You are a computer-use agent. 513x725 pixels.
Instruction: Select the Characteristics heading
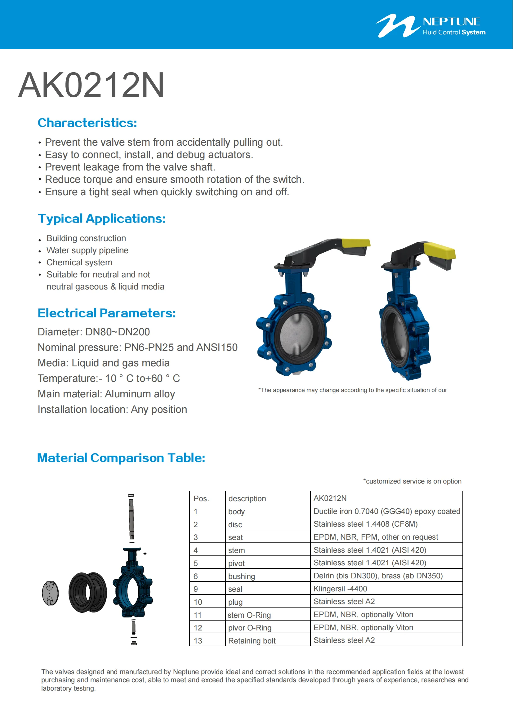coord(87,123)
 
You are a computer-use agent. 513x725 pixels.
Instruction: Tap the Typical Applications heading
coord(101,219)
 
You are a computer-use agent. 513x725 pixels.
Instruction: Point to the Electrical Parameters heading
coord(106,313)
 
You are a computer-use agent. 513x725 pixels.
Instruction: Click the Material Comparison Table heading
coord(121,458)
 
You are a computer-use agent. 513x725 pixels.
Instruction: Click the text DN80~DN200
coord(118,332)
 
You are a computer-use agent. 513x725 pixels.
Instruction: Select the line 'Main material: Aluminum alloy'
coord(106,394)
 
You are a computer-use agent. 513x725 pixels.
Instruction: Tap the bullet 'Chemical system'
coord(79,263)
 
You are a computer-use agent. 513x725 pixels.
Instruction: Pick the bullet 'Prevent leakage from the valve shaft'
coord(130,167)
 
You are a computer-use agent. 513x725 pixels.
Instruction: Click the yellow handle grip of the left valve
coord(356,243)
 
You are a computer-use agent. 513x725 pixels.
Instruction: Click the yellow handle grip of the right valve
coord(440,251)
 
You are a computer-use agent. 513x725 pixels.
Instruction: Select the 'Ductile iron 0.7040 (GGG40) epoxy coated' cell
coord(387,511)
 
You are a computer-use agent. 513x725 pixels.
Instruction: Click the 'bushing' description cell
coord(241,576)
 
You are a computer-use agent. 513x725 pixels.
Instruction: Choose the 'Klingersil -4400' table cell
coord(340,589)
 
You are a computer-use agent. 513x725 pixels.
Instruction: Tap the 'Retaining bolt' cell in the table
coord(252,641)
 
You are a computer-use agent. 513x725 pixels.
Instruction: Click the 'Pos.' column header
coord(201,498)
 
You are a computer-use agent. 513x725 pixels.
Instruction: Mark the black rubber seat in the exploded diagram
coord(87,593)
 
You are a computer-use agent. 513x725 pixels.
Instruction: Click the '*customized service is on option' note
coord(412,481)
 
